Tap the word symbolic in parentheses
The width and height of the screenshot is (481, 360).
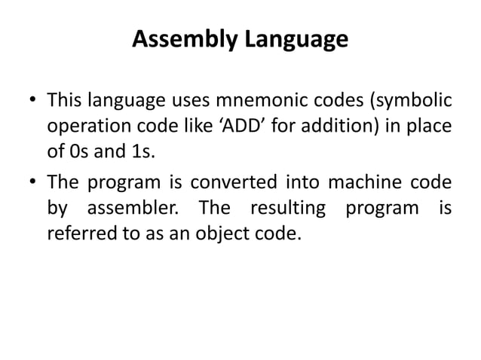[405, 100]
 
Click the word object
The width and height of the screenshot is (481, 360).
[212, 233]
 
